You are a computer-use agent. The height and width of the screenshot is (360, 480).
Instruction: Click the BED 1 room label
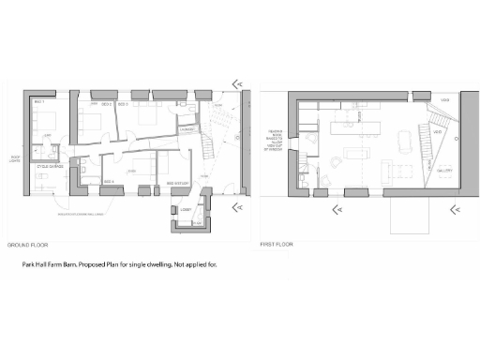point(39,100)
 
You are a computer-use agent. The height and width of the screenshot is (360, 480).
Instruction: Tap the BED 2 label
point(108,104)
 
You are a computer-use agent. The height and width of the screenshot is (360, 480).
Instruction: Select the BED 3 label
point(123,104)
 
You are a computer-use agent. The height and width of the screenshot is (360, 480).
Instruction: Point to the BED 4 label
point(109,180)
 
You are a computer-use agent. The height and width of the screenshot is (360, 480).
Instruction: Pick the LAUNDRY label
point(187,130)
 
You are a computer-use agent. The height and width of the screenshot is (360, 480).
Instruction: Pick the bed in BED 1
point(44,119)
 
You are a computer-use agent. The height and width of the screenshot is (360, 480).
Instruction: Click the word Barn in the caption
point(74,266)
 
